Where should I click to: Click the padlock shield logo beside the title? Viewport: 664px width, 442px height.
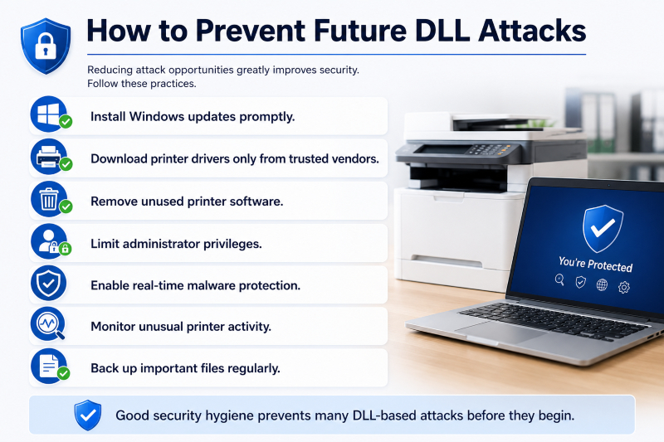coord(46,46)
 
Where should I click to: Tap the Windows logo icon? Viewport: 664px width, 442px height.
coord(49,114)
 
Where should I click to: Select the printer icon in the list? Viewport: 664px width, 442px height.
coord(49,157)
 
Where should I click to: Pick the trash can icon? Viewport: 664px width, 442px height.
coord(49,199)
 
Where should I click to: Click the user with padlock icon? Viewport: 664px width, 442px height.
coord(49,241)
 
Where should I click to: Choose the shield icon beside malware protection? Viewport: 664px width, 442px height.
coord(49,283)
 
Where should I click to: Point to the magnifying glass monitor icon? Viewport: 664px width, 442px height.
coord(48,324)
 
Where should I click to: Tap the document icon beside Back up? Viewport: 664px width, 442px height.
coord(49,367)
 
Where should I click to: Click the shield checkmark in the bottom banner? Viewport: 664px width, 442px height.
coord(88,415)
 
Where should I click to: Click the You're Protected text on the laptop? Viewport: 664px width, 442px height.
coord(595,265)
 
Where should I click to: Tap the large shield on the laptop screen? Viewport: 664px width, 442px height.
coord(603,228)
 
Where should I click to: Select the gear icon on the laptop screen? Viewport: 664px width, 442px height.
coord(624,288)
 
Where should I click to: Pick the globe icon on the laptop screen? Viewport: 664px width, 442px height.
coord(602,285)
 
